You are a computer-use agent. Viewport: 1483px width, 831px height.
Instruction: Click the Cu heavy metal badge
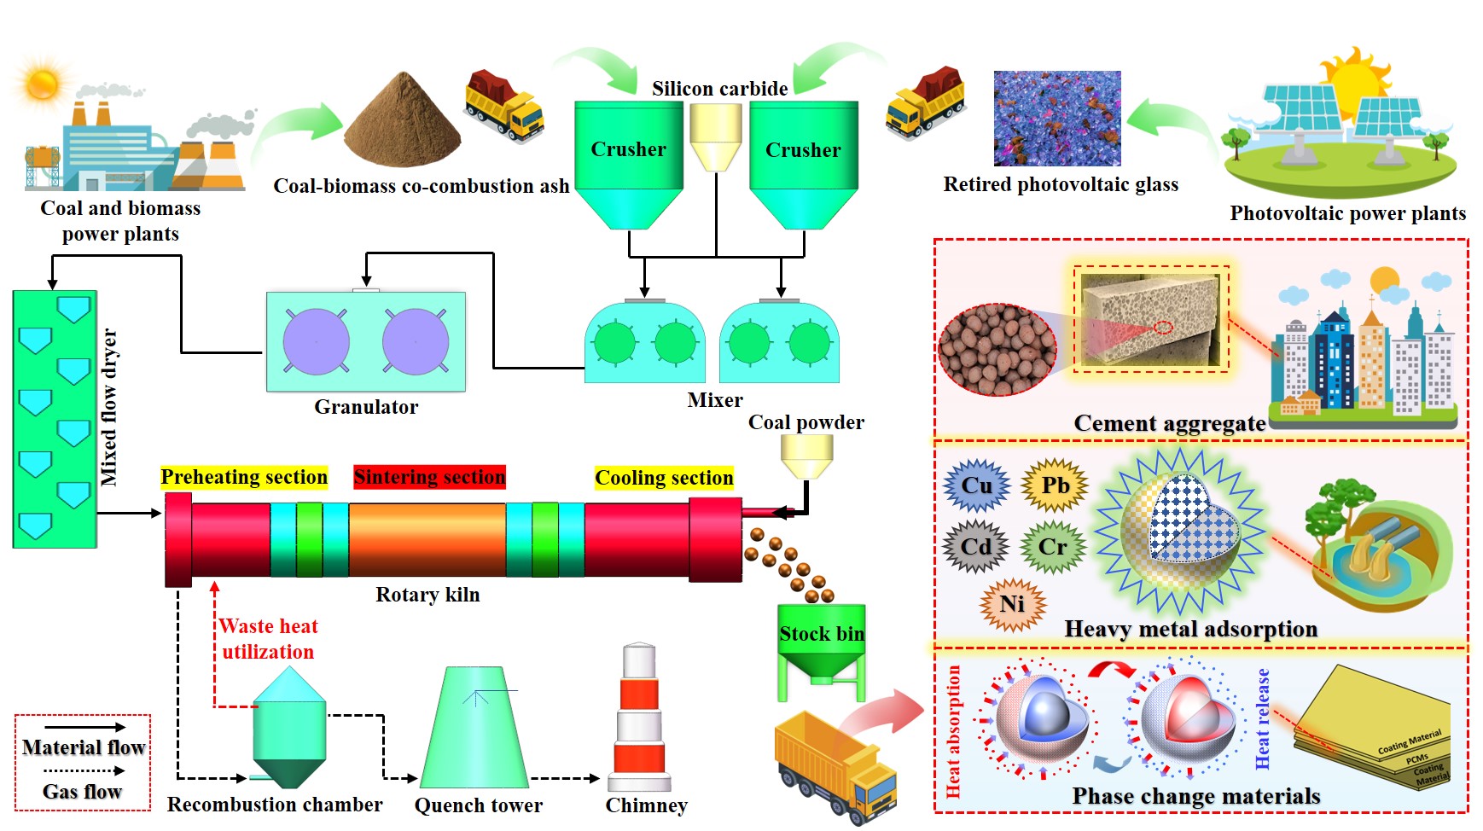(977, 485)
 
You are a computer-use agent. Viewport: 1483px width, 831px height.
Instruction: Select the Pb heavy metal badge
(1055, 485)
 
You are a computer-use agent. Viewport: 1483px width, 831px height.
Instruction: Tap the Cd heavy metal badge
(976, 546)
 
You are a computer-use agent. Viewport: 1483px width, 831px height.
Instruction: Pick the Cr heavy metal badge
(1053, 547)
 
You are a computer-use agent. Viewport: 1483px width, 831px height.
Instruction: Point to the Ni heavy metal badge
(1012, 604)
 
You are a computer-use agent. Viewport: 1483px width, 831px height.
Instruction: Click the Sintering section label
(429, 477)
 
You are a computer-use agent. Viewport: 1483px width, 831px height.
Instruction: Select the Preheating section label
(244, 477)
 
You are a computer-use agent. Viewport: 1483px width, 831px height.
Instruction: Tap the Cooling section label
(664, 478)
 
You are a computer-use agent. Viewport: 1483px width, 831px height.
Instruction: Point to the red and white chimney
(639, 717)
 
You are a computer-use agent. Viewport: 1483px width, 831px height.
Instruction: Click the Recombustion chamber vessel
(289, 725)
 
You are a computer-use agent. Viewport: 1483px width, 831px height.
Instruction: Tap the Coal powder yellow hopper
(806, 456)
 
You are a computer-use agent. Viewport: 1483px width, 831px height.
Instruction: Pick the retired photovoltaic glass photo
(1057, 119)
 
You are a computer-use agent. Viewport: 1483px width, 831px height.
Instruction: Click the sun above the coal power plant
(42, 84)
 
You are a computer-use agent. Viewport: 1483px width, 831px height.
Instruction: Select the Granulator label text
(366, 407)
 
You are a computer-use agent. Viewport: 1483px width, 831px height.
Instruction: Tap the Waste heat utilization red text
(268, 639)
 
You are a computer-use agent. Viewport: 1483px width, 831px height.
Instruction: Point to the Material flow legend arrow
(84, 727)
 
